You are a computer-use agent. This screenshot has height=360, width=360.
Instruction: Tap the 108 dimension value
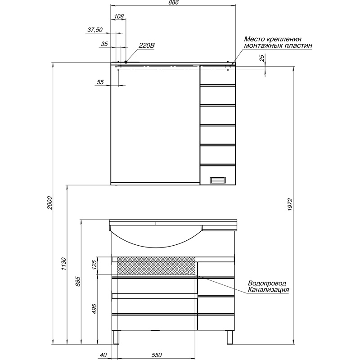point(119,16)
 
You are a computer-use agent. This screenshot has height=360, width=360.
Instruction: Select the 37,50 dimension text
point(95,30)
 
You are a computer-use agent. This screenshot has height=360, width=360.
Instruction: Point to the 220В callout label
point(147,45)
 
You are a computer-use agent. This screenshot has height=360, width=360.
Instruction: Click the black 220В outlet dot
point(126,62)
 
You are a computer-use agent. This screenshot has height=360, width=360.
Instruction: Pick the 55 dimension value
point(100,82)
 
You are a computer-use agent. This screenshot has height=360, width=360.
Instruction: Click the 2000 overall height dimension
point(49,203)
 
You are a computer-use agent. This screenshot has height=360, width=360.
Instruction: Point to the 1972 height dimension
point(290,205)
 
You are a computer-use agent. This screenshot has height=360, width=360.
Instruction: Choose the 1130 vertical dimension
point(63,264)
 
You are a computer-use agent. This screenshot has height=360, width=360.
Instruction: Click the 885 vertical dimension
point(78,281)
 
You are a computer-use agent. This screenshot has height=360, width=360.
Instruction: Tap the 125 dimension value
point(94,265)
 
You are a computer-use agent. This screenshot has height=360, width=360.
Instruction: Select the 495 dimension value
point(94,309)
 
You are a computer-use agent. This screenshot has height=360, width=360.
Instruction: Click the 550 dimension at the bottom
point(157,355)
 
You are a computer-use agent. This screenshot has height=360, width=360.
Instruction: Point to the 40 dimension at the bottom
point(103,355)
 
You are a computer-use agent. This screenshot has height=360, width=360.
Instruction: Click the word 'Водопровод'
point(267,283)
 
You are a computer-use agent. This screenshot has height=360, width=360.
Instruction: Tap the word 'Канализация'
point(268,290)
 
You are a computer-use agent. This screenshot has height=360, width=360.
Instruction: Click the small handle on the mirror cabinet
point(218,180)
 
